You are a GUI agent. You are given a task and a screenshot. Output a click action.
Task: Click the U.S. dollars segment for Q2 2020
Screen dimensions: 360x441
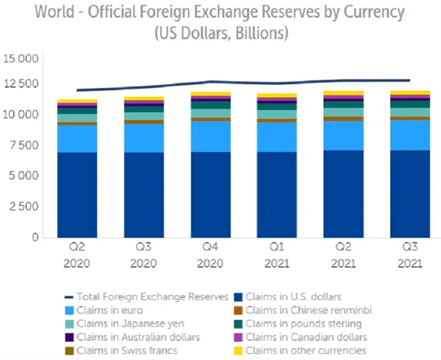[77, 195]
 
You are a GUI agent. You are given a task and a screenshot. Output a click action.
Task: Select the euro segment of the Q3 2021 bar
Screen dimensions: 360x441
[411, 135]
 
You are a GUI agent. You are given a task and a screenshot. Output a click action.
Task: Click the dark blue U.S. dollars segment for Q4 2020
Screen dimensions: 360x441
[211, 195]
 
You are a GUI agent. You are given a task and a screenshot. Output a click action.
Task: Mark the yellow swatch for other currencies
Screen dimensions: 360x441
[239, 351]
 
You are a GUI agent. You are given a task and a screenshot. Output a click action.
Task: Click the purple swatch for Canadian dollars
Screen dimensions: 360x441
[239, 337]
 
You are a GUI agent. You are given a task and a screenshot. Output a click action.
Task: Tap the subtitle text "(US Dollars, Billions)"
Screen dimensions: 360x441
[220, 33]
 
